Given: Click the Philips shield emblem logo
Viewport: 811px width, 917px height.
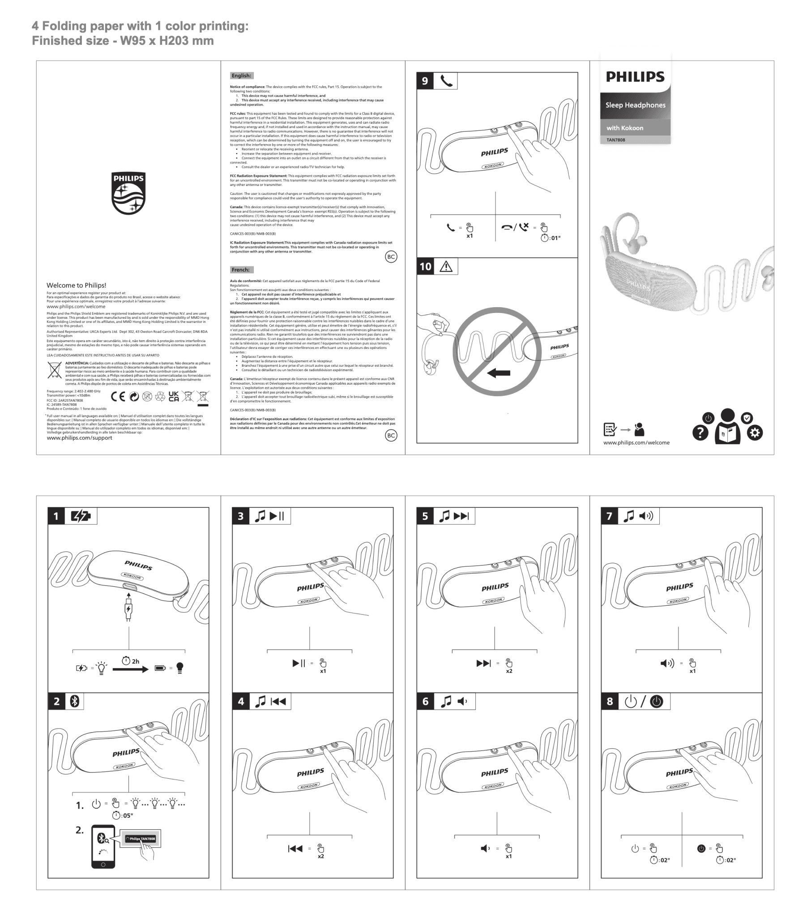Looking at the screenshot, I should (128, 193).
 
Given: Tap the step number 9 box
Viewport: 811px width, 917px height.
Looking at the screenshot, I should (425, 81).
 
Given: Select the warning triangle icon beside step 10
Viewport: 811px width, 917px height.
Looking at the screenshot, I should (446, 266).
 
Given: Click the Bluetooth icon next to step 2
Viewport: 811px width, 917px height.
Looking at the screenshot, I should (74, 701).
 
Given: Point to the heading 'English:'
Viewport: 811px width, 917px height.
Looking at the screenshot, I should (241, 76).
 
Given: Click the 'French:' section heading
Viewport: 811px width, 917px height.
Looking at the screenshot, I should (241, 270).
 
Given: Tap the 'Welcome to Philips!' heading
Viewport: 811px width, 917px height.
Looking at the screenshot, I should (76, 285).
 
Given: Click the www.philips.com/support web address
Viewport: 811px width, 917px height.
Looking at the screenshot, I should (79, 438).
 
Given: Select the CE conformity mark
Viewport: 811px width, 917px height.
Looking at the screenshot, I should (118, 396).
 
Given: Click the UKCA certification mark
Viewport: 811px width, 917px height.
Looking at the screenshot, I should (174, 396).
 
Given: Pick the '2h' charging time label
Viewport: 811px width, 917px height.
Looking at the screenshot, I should (135, 661).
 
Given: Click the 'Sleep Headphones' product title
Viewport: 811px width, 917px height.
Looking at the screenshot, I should (635, 105).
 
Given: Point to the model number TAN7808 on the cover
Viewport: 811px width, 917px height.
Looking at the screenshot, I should (616, 140).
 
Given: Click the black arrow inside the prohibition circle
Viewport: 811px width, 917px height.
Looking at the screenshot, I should (499, 373).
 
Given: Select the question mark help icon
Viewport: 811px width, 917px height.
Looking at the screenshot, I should (700, 433).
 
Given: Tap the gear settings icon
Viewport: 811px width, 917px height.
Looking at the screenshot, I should (755, 433).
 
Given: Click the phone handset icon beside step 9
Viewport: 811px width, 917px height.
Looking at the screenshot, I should (446, 81).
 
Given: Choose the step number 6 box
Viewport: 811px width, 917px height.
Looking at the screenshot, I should (425, 701).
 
